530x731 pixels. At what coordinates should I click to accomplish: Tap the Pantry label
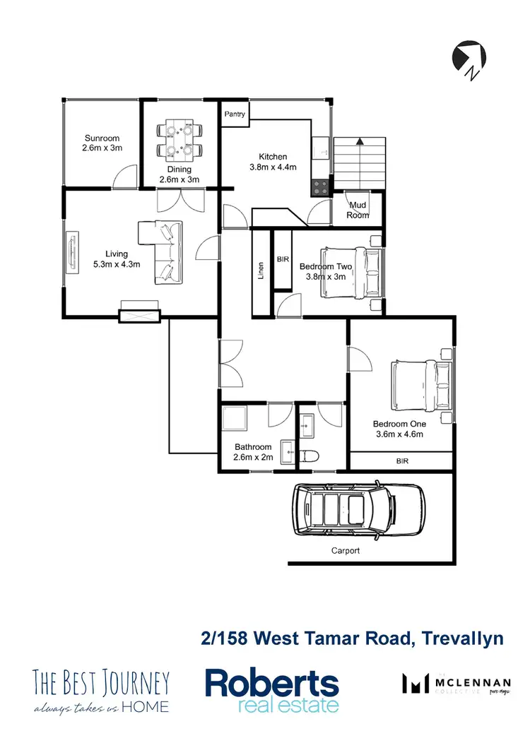coord(235,114)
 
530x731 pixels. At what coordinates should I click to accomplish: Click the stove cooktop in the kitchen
coord(319,187)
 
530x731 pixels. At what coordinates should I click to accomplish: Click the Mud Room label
coord(358,210)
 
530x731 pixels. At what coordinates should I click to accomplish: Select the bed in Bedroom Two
coord(351,273)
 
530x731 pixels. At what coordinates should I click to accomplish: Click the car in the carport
coord(359,509)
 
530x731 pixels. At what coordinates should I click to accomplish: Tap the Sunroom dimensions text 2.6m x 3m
coord(102,148)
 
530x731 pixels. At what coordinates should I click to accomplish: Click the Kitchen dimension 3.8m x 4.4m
coord(273,167)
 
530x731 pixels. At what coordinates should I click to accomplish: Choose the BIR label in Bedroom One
coord(402,460)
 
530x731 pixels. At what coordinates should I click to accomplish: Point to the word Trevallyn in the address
coord(463,638)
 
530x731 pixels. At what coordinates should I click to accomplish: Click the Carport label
coord(346,550)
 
